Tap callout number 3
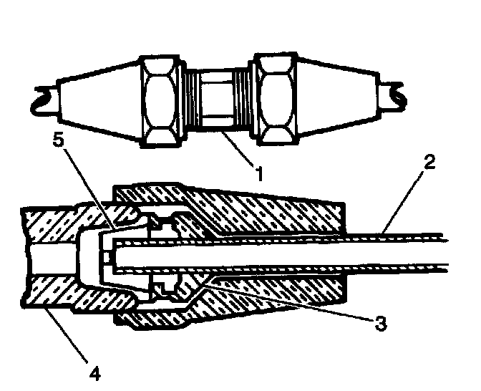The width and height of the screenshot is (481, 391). tap(381, 324)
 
